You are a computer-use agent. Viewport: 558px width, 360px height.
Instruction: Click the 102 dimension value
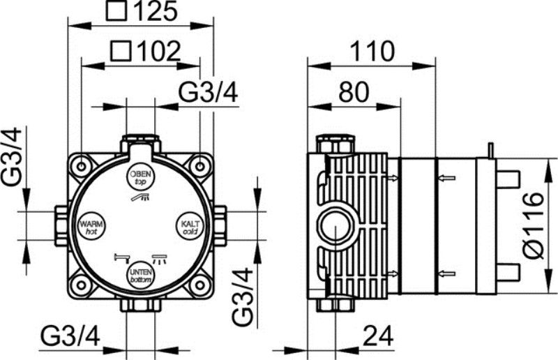[x=159, y=52]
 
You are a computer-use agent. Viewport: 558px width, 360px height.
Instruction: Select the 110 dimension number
[x=372, y=51]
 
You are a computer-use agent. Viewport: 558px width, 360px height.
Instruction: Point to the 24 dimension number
[x=378, y=336]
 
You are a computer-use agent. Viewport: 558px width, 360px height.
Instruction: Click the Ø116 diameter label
[x=534, y=225]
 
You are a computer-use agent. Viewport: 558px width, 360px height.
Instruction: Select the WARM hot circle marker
[x=91, y=226]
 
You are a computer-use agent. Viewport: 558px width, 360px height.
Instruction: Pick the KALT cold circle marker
[x=190, y=226]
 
